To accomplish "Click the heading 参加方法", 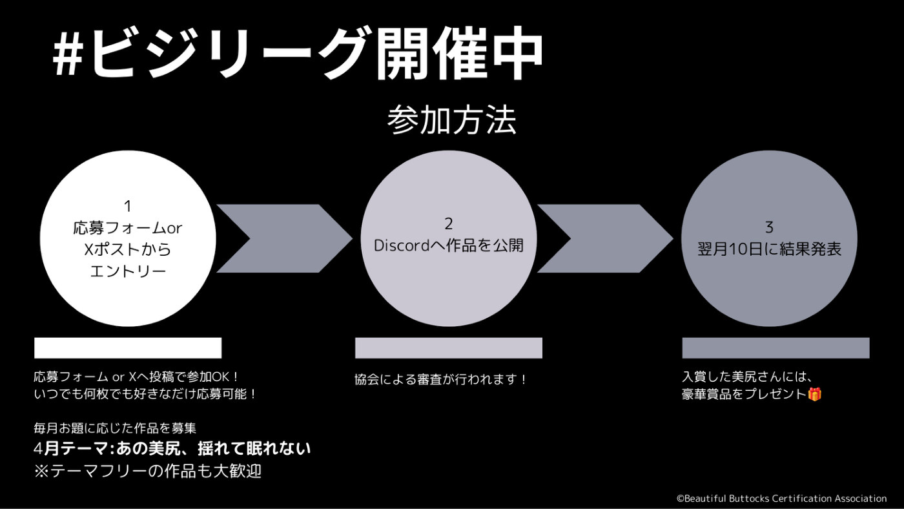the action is pos(451,120).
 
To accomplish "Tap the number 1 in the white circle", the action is pos(128,206).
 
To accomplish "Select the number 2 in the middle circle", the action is pos(448,223).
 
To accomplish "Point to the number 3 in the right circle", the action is pos(769,227).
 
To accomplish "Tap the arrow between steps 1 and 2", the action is pos(285,238).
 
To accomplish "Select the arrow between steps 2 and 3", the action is pos(606,238).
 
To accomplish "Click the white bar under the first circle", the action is pos(128,348).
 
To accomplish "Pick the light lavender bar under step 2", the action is pos(449,348).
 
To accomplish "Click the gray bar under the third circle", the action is pos(776,348).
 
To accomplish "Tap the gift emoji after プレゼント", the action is pos(814,394).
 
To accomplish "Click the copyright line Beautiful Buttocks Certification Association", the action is pos(782,499).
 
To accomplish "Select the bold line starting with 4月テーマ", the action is pos(172,448).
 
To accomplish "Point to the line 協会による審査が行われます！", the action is pos(440,379).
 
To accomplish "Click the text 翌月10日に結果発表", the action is pos(769,249).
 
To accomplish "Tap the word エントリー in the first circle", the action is pos(128,271).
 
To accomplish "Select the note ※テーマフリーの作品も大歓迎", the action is pos(148,471).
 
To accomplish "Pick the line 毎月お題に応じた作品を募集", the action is pos(115,428).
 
